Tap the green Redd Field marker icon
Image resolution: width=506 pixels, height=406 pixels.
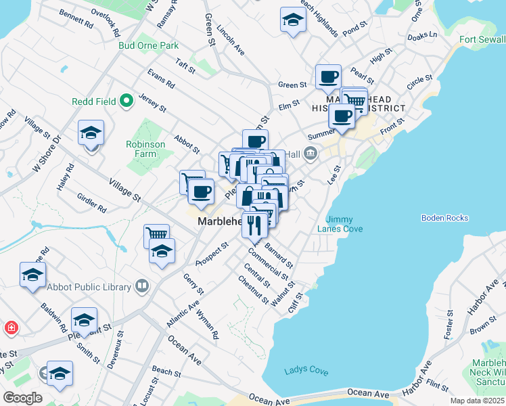pos(125,102)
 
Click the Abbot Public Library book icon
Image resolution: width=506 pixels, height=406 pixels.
pos(142,286)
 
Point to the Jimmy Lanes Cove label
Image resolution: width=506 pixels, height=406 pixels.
pos(344,224)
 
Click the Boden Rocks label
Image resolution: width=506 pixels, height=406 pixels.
pos(444,218)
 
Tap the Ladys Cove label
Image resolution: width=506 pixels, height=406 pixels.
pos(306,371)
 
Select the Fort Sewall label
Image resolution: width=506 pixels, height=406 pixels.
pos(482,39)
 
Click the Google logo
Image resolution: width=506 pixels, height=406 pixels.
pos(22,397)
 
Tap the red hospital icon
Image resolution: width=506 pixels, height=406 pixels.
pos(11,329)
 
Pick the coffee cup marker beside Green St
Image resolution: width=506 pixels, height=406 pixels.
pos(328,76)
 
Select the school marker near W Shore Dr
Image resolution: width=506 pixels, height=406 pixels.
pos(91,133)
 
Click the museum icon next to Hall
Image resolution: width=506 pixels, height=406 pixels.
pos(310,155)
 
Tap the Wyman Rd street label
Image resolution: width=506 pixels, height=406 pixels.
pos(207,325)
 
